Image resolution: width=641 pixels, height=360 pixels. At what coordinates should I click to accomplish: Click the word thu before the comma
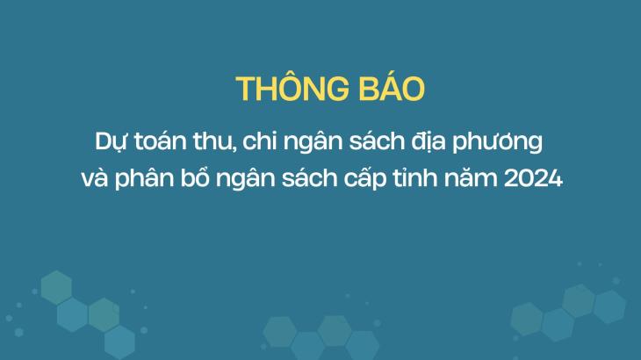point(212,141)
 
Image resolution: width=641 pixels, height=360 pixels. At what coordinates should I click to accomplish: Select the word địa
point(428,142)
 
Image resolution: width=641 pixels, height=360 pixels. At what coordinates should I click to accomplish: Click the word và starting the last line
point(95,177)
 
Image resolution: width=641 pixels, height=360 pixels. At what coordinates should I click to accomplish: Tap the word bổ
point(195,176)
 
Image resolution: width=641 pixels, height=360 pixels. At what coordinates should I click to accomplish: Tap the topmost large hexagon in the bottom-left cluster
point(56,287)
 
